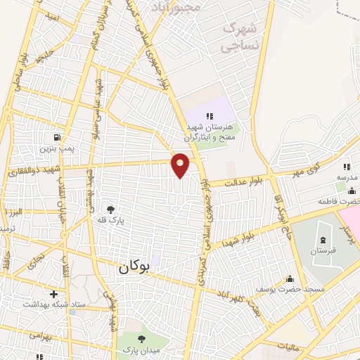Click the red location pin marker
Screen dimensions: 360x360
[x=181, y=164]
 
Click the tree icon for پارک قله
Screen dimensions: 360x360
[x=110, y=209]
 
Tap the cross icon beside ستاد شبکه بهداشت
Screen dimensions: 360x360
[x=53, y=292]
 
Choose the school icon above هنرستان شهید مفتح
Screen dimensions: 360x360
[x=209, y=115]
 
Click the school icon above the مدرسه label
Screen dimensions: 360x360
[x=346, y=167]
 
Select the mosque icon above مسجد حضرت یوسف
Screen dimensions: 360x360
[x=290, y=279]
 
